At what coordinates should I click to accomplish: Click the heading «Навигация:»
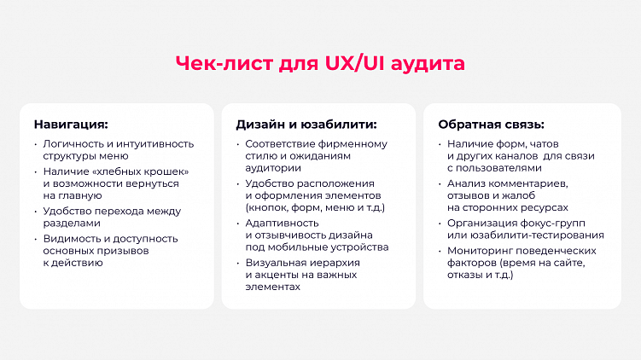(x=71, y=124)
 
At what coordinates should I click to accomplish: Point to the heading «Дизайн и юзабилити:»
(x=306, y=124)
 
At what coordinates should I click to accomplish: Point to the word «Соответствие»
(x=281, y=144)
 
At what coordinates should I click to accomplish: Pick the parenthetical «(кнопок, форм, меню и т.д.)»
(x=314, y=208)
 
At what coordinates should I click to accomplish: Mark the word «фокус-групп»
(x=557, y=223)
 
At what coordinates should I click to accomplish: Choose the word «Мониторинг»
(x=480, y=251)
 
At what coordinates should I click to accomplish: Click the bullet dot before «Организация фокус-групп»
(x=440, y=223)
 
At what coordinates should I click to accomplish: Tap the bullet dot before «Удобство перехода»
(x=36, y=211)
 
